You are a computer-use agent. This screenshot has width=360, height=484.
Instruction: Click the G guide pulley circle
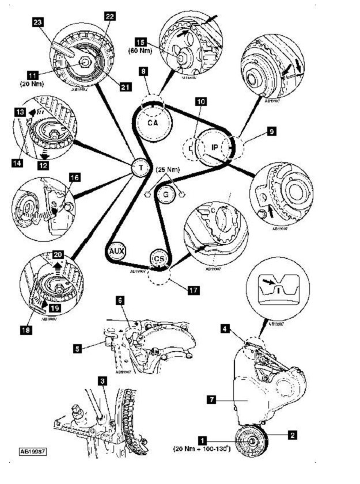coord(165,195)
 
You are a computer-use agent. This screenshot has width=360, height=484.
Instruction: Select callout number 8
coord(143,72)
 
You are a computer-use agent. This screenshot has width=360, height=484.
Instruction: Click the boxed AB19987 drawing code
coord(32,451)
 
